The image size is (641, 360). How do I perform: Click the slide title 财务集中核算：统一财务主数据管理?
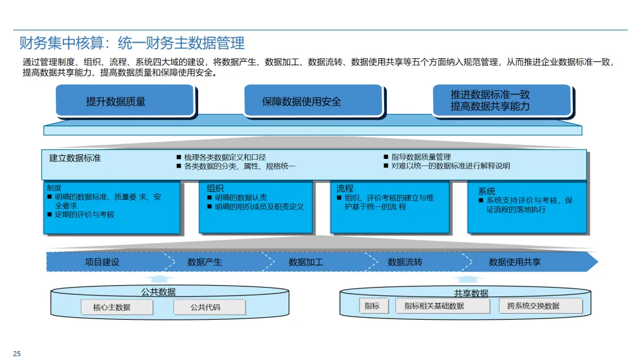coord(132,43)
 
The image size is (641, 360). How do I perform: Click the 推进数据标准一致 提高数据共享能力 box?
coord(501,100)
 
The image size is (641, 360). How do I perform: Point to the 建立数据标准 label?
coord(75,158)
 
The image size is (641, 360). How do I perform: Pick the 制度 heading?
coord(54,188)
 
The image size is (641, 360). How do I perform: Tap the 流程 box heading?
coord(345,189)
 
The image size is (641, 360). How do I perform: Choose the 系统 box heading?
coord(487,192)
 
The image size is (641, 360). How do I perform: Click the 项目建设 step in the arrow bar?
coord(102,262)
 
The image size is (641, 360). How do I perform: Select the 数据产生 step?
coord(204,262)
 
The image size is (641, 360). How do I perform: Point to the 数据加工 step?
coord(306,262)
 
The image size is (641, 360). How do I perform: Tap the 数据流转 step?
coord(405,262)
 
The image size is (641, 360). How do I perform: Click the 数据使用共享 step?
coord(515,262)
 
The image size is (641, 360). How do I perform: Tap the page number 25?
coord(17,354)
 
